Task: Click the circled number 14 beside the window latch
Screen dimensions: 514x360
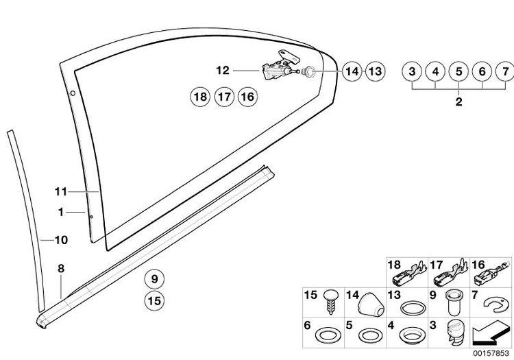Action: coord(352,71)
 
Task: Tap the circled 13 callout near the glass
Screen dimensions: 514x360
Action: coord(375,71)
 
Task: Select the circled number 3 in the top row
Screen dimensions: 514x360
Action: coord(412,71)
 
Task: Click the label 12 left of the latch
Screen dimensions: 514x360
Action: coord(223,70)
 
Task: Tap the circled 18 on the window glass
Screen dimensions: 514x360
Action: coord(201,97)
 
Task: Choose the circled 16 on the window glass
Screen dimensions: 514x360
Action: coord(247,97)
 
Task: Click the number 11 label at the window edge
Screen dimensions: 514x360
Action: coord(60,191)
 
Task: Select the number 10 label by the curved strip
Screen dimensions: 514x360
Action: coord(61,240)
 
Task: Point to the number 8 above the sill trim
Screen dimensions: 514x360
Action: coord(61,269)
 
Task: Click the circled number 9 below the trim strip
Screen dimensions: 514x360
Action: coord(154,279)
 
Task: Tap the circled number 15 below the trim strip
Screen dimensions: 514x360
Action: coord(154,300)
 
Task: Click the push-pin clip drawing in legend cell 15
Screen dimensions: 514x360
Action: coord(331,302)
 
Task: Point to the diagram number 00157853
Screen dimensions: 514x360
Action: coord(491,353)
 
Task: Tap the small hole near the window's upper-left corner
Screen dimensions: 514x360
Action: coord(73,93)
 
